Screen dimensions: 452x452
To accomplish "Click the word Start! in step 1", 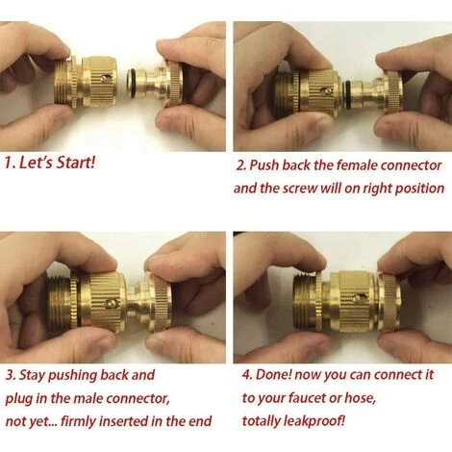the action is [x=75, y=163].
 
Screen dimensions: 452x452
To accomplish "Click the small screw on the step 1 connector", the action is [x=106, y=79].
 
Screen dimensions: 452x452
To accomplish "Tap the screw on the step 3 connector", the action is [x=111, y=303].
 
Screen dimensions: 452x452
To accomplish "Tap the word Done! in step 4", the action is [x=273, y=375].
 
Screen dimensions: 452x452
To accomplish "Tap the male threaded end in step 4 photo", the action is [x=305, y=301].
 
